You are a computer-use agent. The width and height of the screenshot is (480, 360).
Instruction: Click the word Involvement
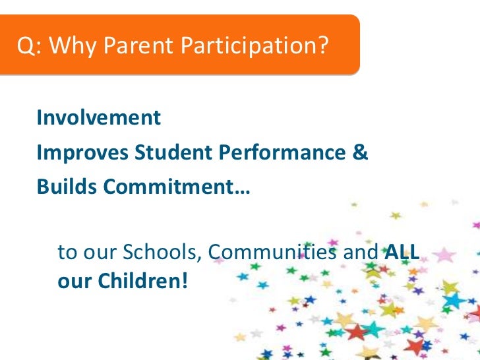point(98,118)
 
